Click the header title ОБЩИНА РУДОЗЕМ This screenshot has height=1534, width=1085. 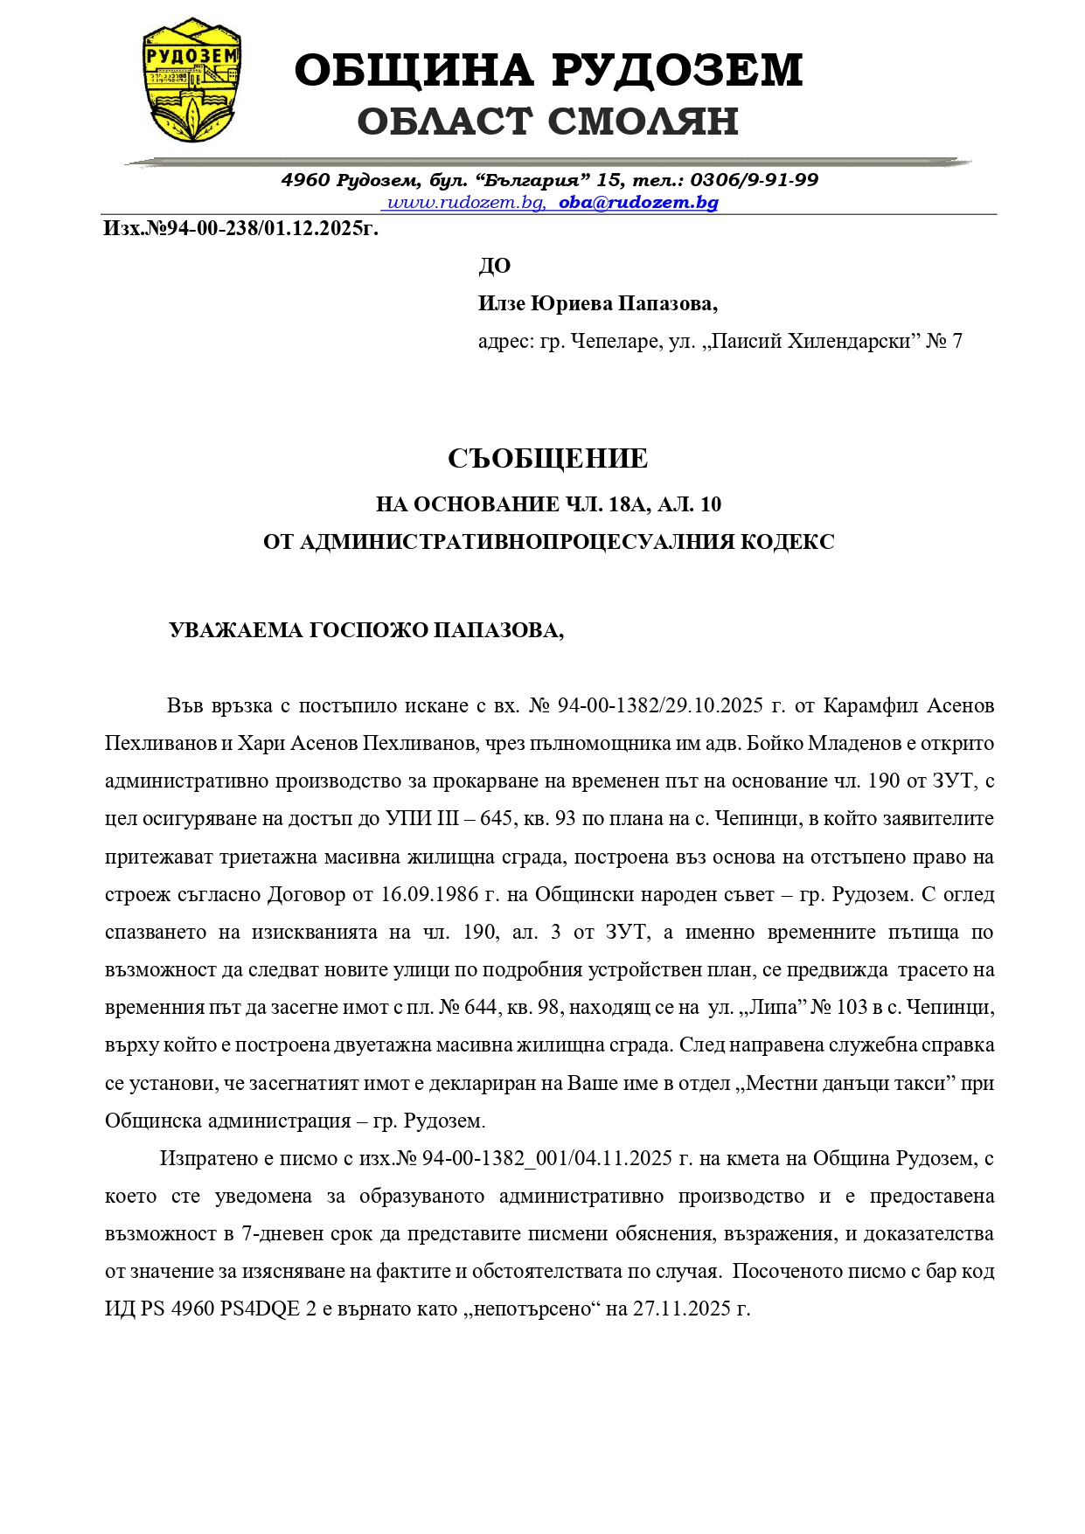click(x=548, y=70)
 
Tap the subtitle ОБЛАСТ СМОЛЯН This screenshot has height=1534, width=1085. click(x=548, y=121)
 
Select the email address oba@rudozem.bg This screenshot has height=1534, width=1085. click(x=638, y=203)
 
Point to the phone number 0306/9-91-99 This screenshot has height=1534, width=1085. click(x=754, y=180)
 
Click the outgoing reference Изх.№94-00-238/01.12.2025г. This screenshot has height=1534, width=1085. click(x=240, y=229)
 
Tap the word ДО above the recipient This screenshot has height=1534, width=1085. click(x=494, y=266)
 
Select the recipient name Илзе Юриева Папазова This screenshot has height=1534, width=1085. click(x=596, y=303)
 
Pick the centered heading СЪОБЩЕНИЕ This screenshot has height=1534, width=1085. click(x=548, y=458)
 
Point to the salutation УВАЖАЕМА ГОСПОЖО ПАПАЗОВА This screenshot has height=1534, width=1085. click(x=365, y=630)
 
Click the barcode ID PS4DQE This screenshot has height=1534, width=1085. click(x=261, y=1309)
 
